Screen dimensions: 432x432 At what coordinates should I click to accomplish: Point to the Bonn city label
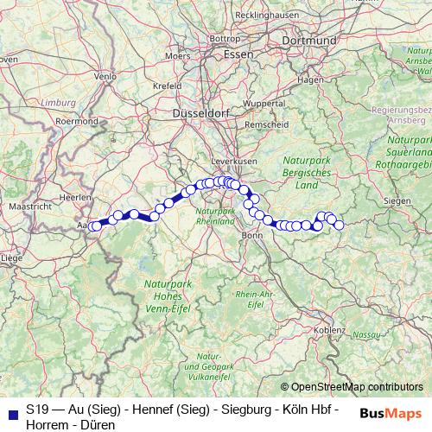pyautogui.click(x=251, y=234)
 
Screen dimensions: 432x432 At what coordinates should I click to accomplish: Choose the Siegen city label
pyautogui.click(x=397, y=200)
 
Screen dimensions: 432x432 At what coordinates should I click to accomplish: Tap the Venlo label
pyautogui.click(x=104, y=76)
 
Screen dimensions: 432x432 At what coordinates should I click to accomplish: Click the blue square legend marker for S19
pyautogui.click(x=12, y=410)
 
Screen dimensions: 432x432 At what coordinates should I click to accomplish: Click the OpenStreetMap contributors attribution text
pyautogui.click(x=357, y=387)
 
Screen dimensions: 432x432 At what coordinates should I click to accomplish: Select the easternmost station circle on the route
pyautogui.click(x=339, y=225)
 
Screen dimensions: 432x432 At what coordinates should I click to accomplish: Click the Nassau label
pyautogui.click(x=365, y=334)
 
